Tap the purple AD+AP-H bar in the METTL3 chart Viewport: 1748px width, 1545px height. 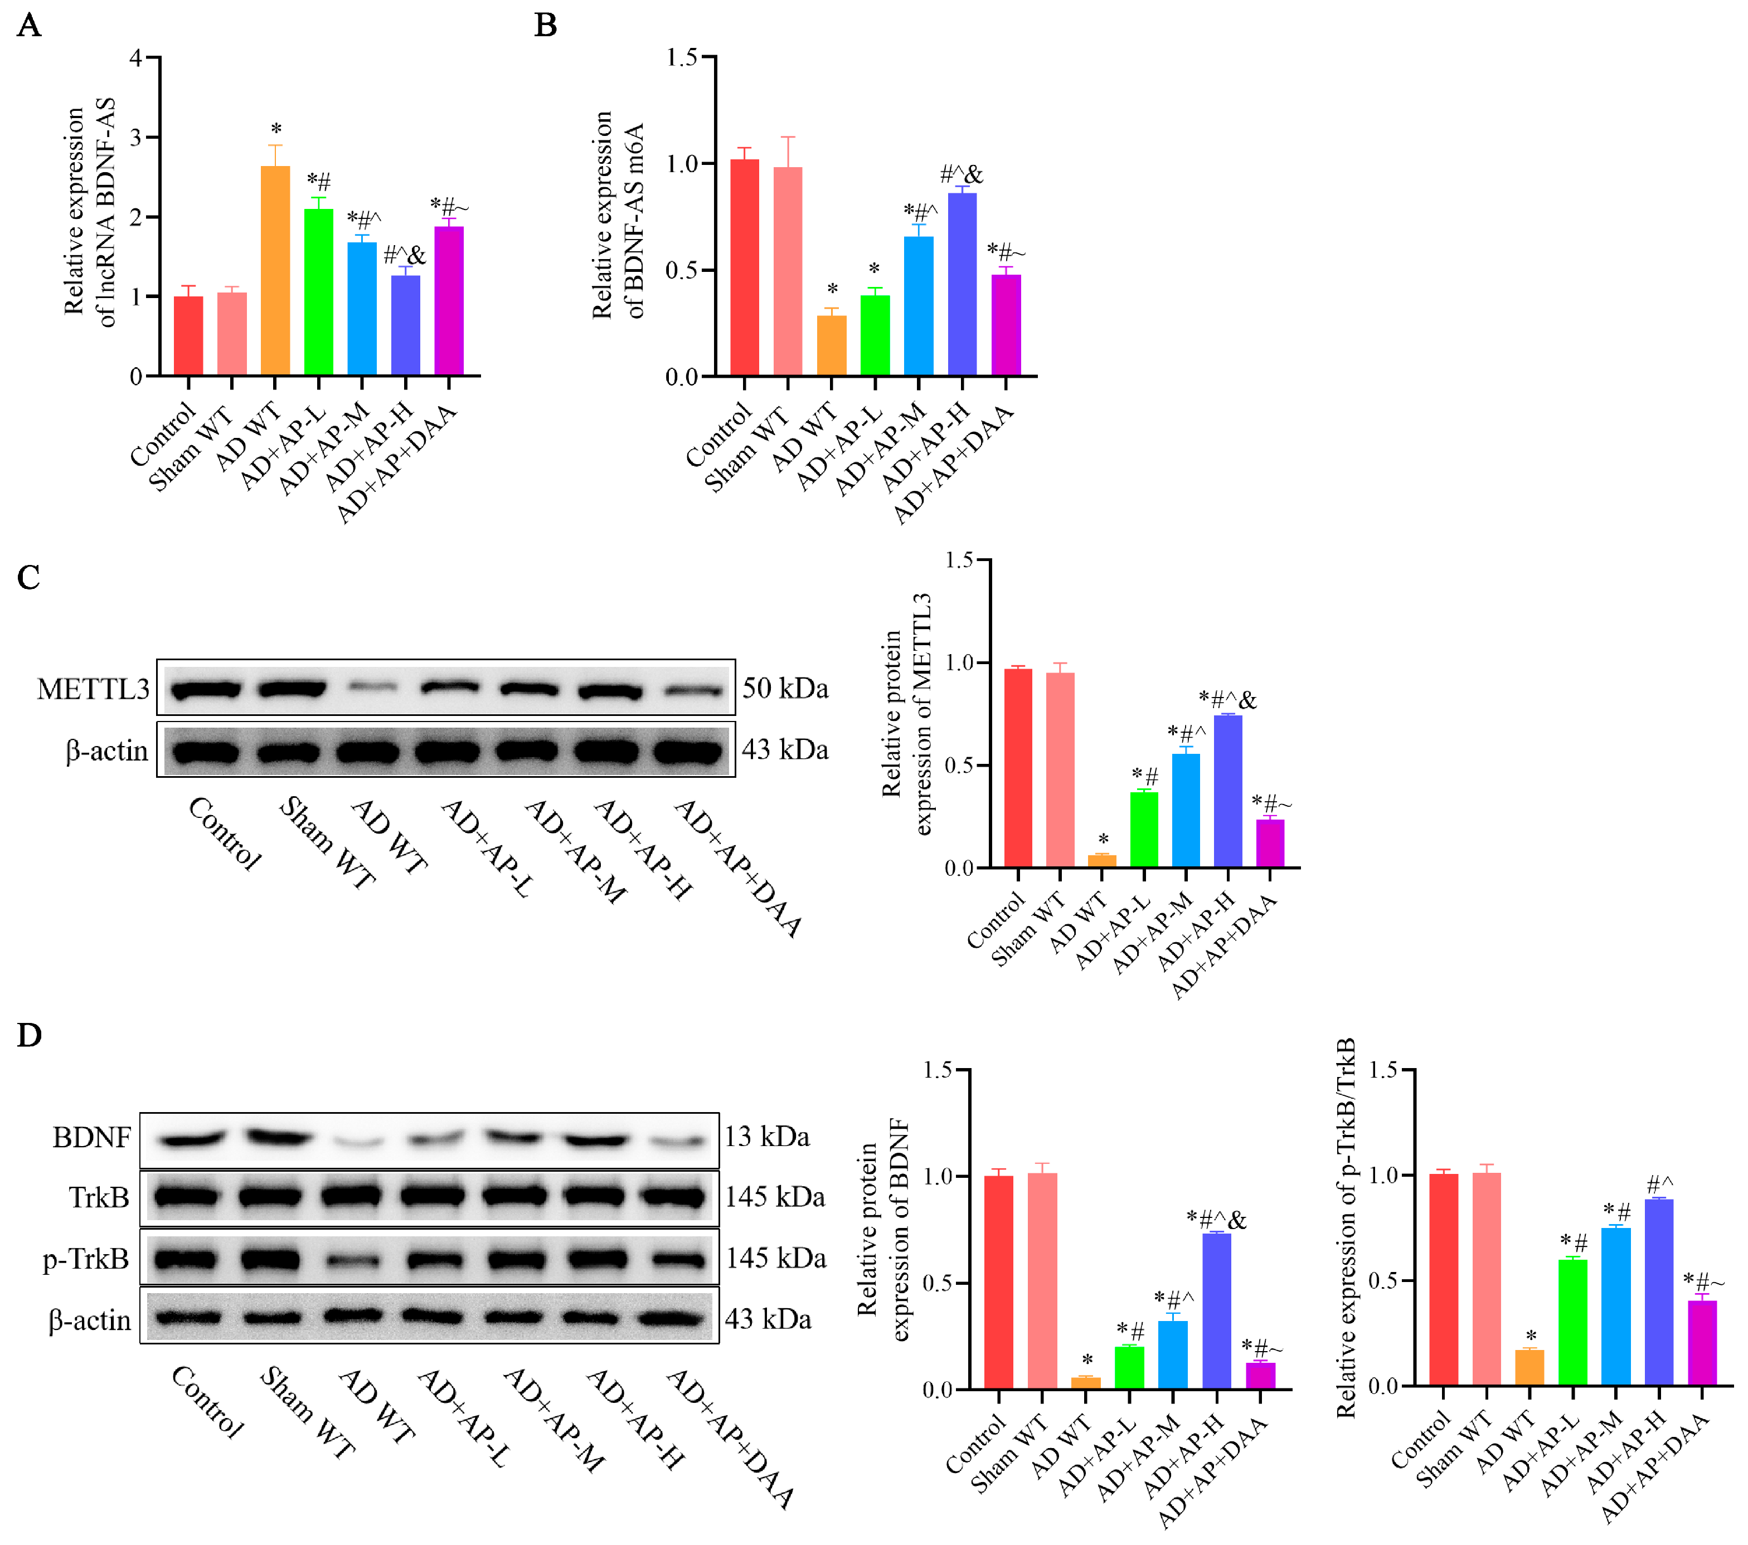click(1227, 791)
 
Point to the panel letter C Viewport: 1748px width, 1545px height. click(28, 577)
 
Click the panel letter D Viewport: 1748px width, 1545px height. click(29, 1035)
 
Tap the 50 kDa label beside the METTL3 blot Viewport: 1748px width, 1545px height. click(784, 688)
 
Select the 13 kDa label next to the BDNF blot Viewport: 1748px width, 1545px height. click(766, 1137)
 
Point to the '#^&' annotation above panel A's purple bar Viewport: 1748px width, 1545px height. click(404, 255)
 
